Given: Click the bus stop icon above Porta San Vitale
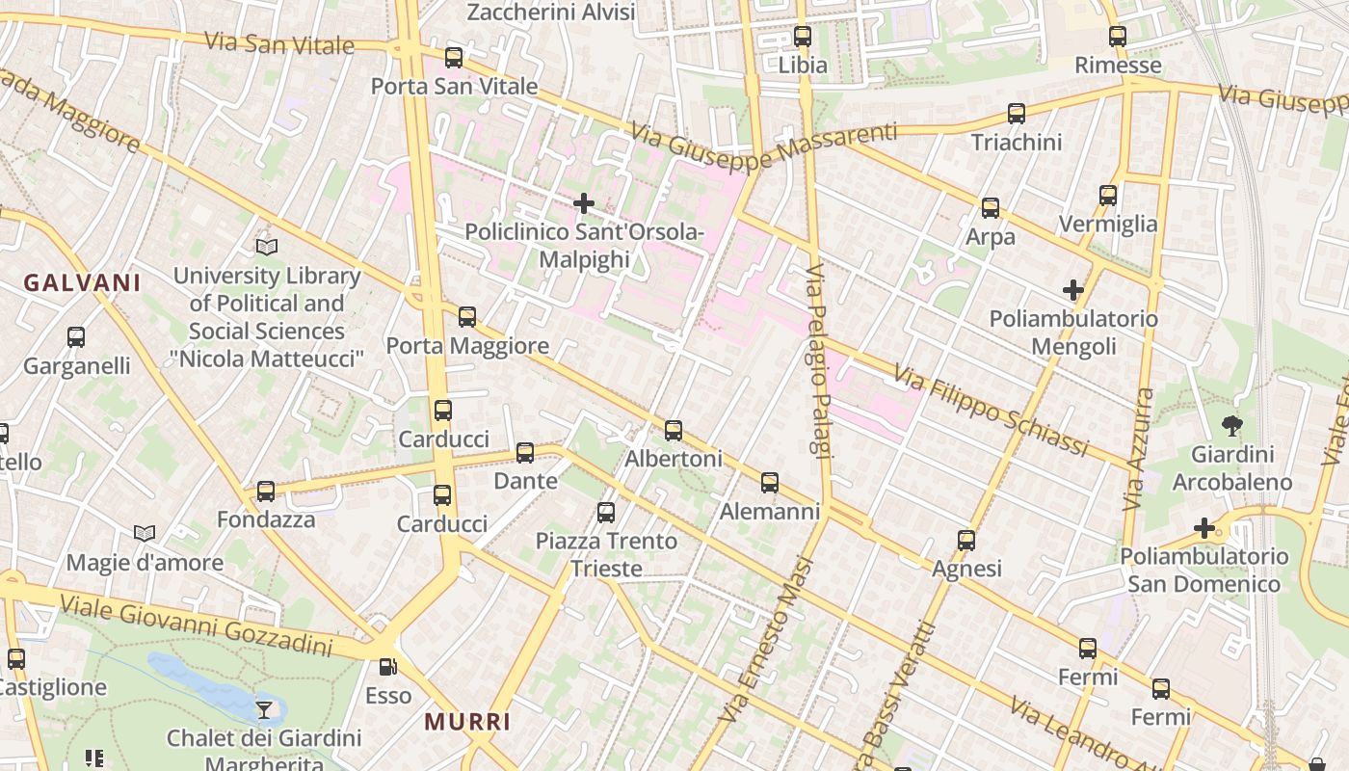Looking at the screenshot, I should pos(454,58).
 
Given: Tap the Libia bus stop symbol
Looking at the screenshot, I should pos(802,38).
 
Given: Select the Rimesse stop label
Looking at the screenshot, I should pos(1118,66).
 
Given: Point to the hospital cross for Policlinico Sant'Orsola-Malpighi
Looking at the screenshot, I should pos(583,203).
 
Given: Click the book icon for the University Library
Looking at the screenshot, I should pos(267,248).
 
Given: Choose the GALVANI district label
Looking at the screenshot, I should pos(83,283).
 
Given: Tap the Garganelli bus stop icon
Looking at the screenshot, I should pos(76,337).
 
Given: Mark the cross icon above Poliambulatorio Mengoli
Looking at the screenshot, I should pos(1072,290).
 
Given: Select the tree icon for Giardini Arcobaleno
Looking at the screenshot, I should pos(1231,425).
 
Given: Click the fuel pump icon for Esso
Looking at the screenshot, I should pos(387,667).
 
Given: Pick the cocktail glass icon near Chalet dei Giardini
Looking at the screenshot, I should pos(263,710).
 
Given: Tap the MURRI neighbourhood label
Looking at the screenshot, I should pos(467,722).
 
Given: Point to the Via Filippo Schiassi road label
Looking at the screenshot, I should pos(991,410).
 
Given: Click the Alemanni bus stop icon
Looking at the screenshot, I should pos(769,482).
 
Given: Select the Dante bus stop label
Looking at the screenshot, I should pos(525,481).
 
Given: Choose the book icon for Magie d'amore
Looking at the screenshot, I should pos(145,534).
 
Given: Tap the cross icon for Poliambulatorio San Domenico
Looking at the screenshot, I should pos(1204,528).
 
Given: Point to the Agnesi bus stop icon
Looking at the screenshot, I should pos(966,541).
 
